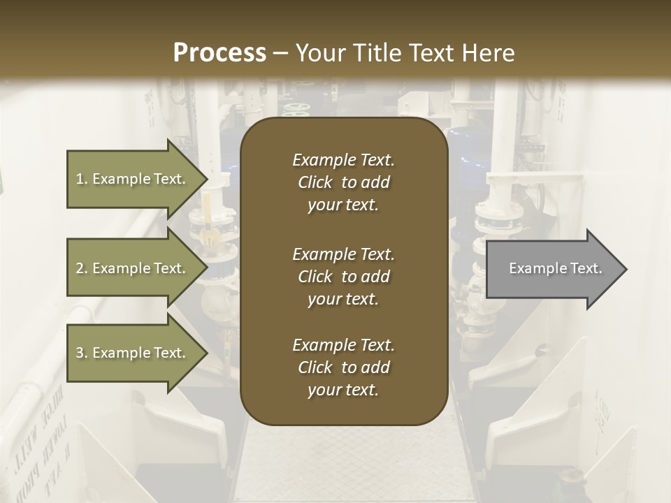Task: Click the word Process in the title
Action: click(219, 53)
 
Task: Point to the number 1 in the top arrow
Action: click(80, 179)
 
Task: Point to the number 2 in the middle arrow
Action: click(80, 268)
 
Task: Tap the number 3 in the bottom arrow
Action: click(80, 353)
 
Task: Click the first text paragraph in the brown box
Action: click(343, 182)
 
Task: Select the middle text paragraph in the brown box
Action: click(343, 277)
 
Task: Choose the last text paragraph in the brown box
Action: click(343, 367)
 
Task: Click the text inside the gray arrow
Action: click(555, 268)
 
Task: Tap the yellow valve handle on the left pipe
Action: click(207, 231)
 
